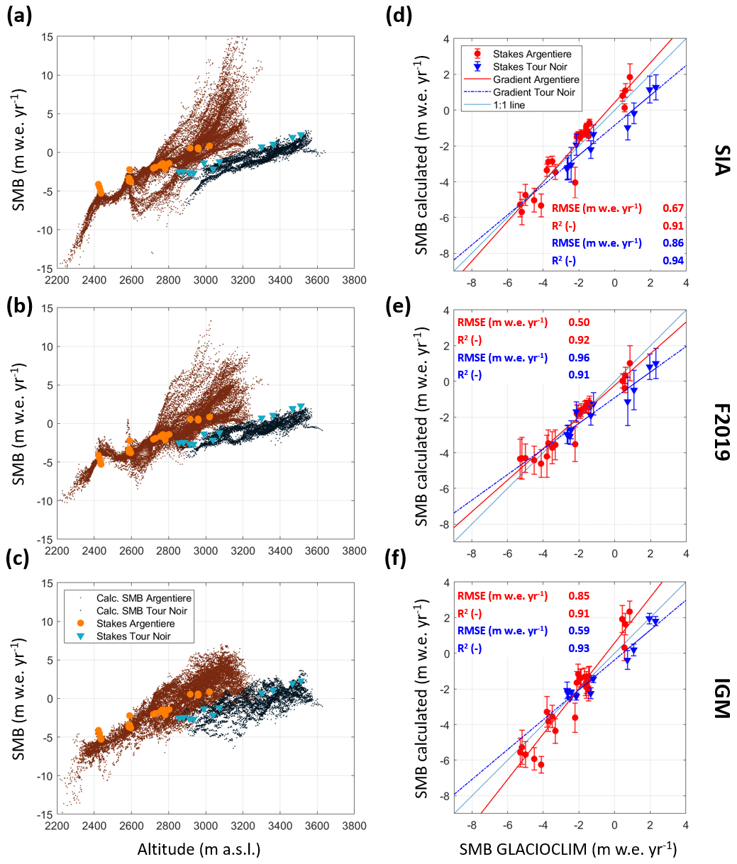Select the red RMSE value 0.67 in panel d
pos(672,208)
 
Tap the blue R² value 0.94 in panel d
pos(672,262)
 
